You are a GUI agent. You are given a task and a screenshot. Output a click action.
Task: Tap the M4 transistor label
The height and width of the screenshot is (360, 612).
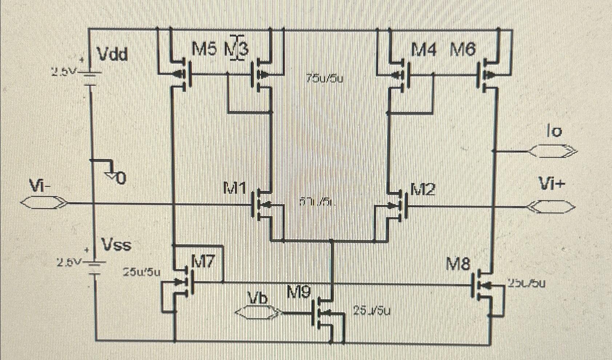(x=423, y=50)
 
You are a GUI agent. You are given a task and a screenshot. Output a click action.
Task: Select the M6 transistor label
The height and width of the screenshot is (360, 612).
(x=463, y=50)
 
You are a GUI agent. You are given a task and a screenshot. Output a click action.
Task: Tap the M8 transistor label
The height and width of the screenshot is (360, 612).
(x=459, y=264)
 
